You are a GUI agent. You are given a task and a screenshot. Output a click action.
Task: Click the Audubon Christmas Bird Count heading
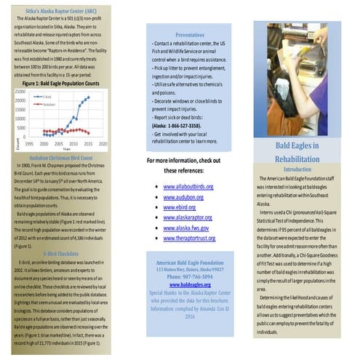62,156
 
